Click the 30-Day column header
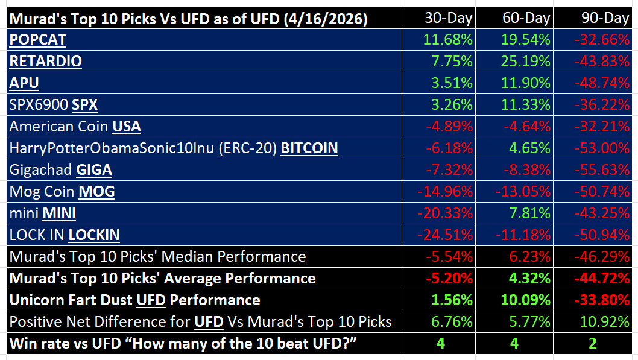tap(448, 18)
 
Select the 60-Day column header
tap(526, 18)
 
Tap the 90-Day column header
tap(605, 18)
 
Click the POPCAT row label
tap(37, 40)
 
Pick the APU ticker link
tap(23, 83)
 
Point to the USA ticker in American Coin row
tap(127, 127)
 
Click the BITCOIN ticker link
tap(309, 148)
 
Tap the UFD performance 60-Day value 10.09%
tap(525, 300)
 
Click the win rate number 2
tap(593, 344)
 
